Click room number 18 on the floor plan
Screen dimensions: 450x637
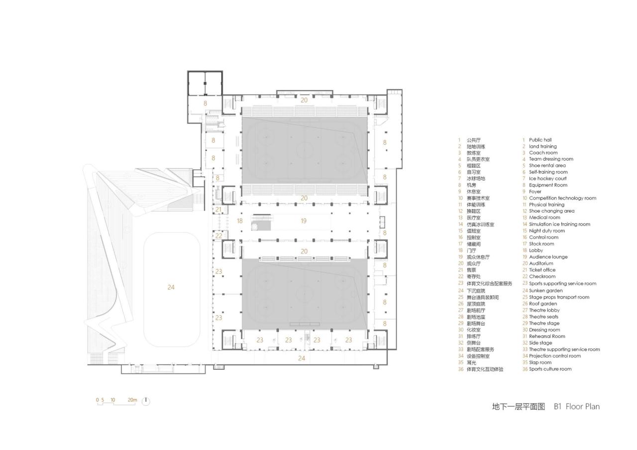239,221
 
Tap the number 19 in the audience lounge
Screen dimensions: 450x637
303,221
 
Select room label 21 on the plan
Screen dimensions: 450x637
218,210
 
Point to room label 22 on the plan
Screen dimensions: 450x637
218,235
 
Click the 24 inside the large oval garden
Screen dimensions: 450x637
171,287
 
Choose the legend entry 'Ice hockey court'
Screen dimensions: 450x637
547,178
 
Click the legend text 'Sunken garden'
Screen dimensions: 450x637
545,290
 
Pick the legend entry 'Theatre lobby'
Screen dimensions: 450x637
544,310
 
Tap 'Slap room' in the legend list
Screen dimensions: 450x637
540,362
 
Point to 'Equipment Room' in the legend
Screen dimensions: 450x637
548,185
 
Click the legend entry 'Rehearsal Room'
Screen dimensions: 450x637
547,336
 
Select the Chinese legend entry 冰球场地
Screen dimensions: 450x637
476,178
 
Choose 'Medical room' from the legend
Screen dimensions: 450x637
544,218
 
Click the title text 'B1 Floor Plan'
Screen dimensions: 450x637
577,407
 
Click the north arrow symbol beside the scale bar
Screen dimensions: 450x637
146,401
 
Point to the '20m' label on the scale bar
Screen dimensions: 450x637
132,400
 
